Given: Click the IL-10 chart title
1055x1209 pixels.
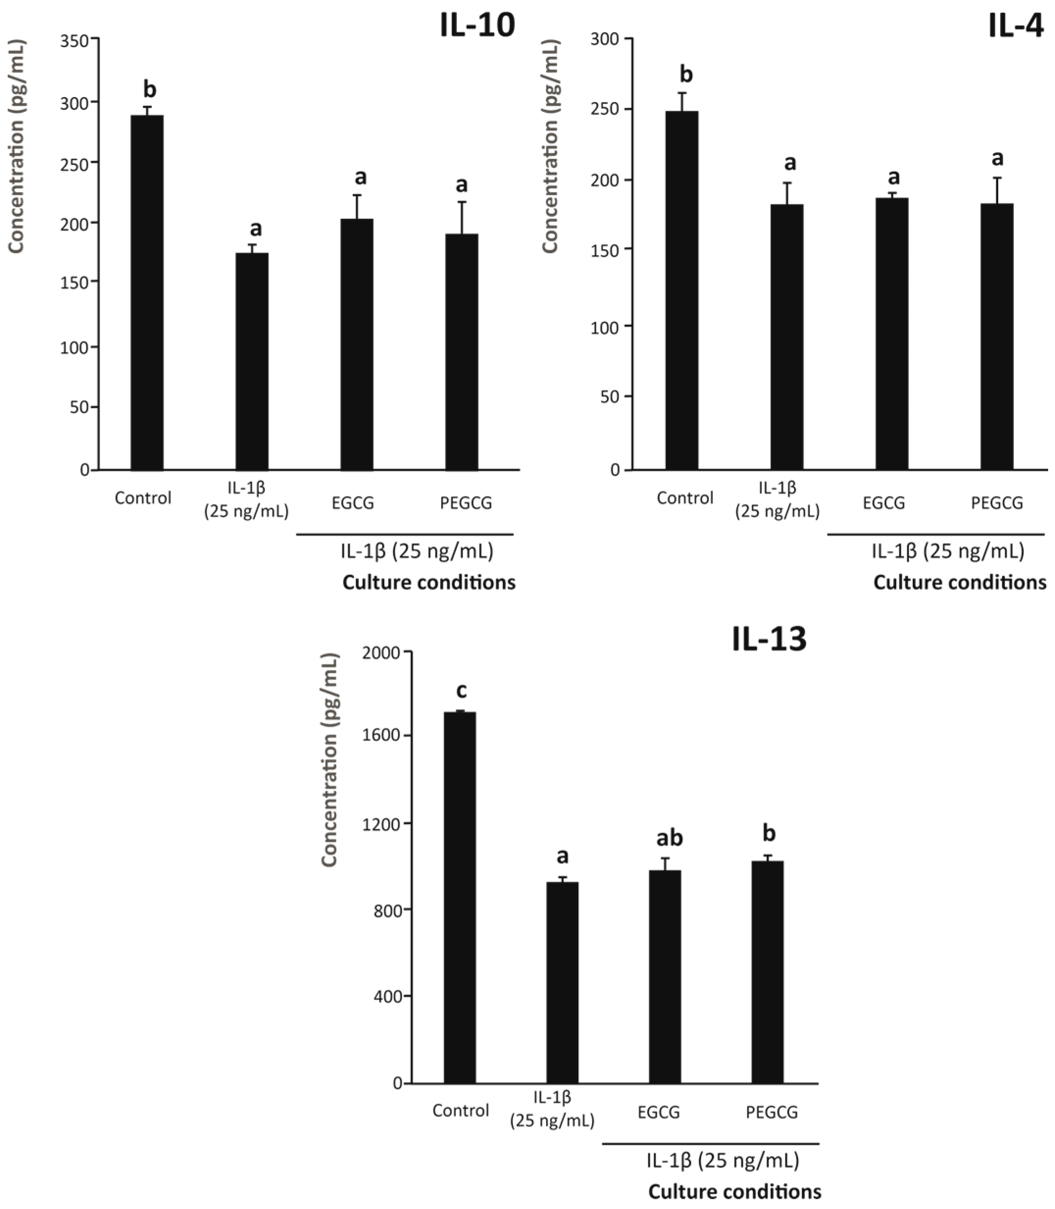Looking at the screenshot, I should pyautogui.click(x=477, y=26).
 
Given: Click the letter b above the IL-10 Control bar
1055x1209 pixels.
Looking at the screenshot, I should pyautogui.click(x=150, y=90).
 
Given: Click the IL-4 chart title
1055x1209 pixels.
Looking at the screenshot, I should pyautogui.click(x=1016, y=26).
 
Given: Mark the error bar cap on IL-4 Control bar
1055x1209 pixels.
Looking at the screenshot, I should pyautogui.click(x=682, y=93).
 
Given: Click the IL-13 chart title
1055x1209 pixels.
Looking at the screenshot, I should pyautogui.click(x=769, y=640).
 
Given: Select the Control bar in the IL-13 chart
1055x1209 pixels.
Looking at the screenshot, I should pyautogui.click(x=460, y=898).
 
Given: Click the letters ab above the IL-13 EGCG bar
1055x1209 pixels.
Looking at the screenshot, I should pyautogui.click(x=669, y=837).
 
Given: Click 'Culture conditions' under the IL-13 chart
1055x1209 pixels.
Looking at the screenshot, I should pyautogui.click(x=734, y=1192).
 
